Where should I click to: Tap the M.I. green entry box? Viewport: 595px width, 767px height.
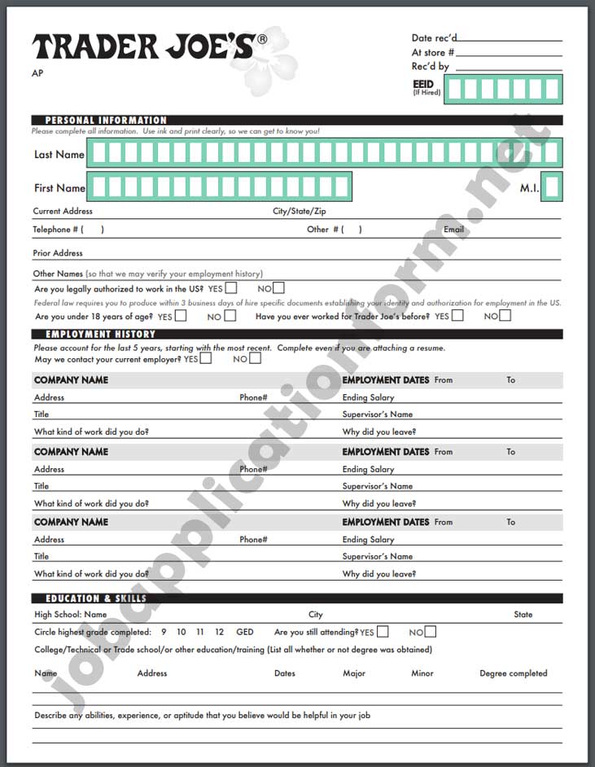coord(552,187)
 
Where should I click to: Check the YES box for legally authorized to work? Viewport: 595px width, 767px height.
coord(232,288)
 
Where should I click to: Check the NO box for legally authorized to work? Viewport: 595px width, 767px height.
coord(279,288)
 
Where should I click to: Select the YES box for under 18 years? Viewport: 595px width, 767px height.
coord(181,316)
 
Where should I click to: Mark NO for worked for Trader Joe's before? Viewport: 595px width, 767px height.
coord(505,316)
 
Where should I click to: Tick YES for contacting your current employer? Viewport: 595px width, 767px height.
coord(206,358)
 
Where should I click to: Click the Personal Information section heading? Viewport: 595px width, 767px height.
coord(106,121)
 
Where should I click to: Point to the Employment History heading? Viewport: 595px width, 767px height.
coord(100,334)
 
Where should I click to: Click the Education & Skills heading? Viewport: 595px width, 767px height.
coord(96,598)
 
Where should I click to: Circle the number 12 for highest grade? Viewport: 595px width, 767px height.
coord(219,632)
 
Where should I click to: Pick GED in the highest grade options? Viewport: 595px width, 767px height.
coord(244,632)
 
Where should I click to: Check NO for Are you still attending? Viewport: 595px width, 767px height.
coord(430,632)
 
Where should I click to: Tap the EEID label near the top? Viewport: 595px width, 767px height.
coord(423,83)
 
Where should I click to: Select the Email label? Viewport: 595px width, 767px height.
coord(453,230)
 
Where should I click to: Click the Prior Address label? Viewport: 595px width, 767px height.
coord(58,253)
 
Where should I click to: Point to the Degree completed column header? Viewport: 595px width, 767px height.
coord(514,673)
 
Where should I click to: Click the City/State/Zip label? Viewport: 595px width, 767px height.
coord(299,211)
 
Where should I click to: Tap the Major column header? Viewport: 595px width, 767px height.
coord(354,673)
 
